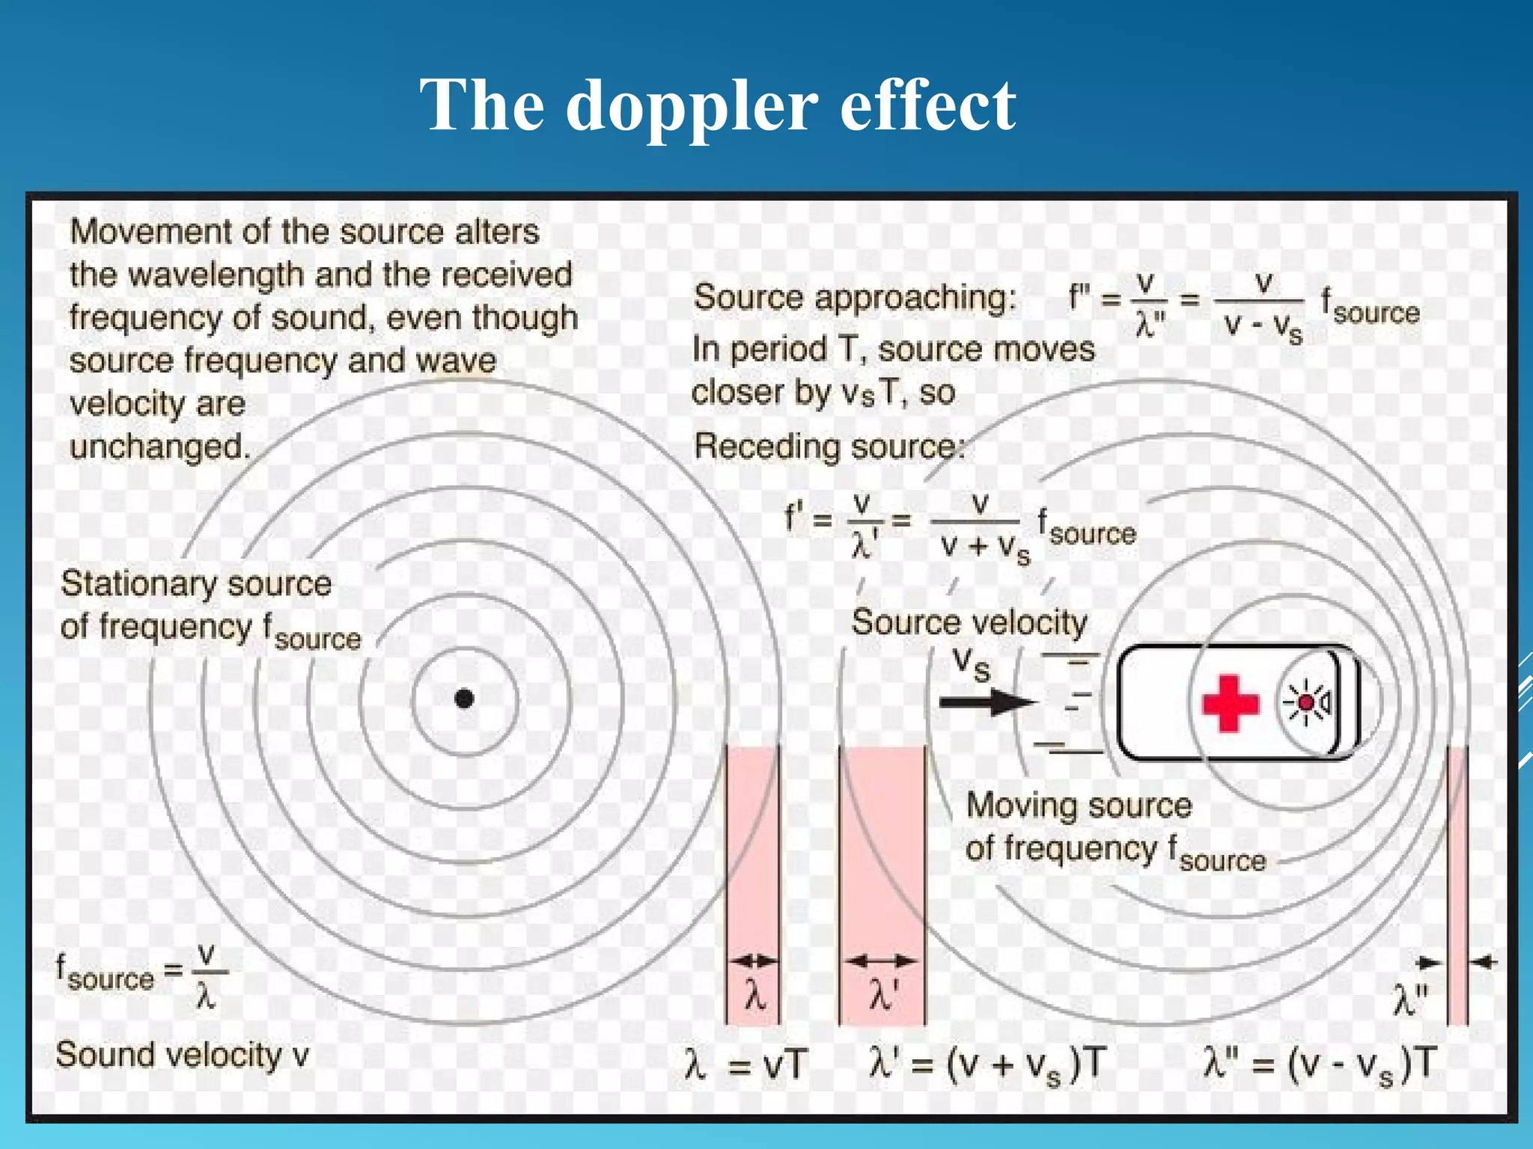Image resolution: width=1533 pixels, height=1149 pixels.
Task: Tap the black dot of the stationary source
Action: [464, 699]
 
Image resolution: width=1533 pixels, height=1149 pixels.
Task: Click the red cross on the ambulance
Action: [1230, 703]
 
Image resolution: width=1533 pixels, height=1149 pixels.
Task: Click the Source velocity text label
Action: [969, 622]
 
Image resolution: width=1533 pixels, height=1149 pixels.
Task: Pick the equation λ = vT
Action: [746, 1064]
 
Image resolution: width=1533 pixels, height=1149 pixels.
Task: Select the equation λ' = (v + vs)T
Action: [987, 1064]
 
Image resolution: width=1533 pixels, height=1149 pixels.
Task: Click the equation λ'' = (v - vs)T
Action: [1320, 1064]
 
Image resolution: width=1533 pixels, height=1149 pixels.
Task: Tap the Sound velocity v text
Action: [182, 1055]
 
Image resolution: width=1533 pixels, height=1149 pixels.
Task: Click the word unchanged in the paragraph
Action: [159, 447]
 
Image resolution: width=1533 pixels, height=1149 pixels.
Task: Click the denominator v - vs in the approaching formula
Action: [1263, 327]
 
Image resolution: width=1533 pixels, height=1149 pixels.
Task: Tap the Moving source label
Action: [1079, 806]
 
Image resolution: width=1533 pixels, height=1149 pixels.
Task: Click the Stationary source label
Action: [196, 583]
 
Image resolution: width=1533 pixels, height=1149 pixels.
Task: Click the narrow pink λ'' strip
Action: [1457, 883]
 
